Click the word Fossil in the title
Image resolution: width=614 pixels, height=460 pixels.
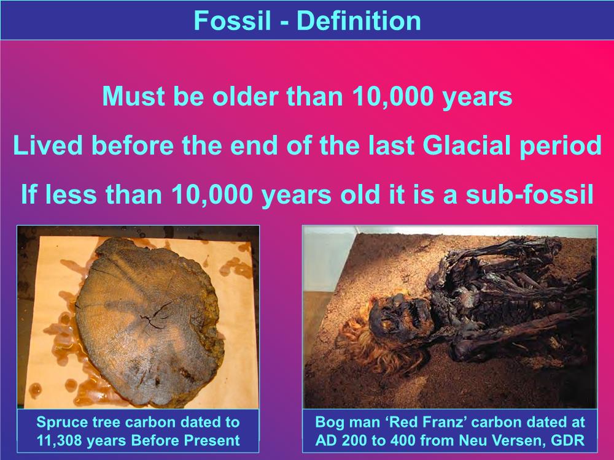click(232, 20)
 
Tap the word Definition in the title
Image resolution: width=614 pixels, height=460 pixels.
click(359, 20)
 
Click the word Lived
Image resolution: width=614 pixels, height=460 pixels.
click(48, 145)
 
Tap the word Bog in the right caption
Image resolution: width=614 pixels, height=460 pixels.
click(328, 423)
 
